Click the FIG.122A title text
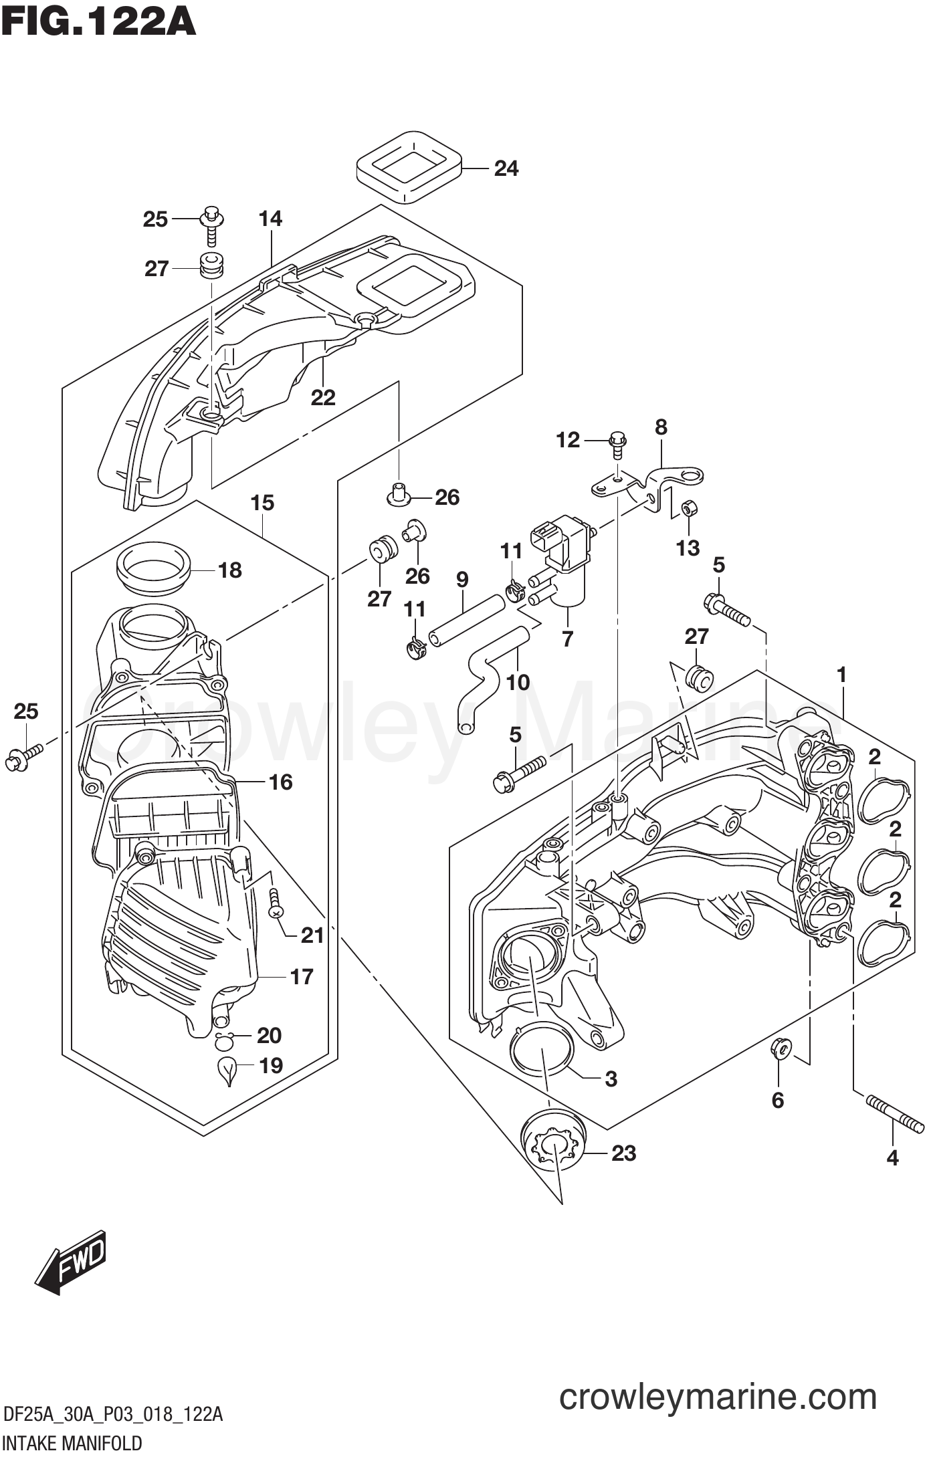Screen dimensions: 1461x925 [98, 21]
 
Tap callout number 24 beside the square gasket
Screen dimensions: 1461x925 [506, 168]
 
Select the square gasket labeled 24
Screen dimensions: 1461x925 [409, 166]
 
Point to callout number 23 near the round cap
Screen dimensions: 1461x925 [623, 1153]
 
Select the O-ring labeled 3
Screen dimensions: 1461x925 [542, 1068]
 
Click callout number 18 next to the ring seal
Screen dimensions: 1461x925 [229, 570]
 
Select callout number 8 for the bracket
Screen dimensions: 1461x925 [661, 427]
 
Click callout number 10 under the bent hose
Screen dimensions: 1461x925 [518, 682]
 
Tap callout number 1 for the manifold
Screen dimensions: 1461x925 [841, 675]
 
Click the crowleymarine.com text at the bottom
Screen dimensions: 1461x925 [717, 1397]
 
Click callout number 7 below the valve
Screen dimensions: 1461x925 [567, 639]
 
